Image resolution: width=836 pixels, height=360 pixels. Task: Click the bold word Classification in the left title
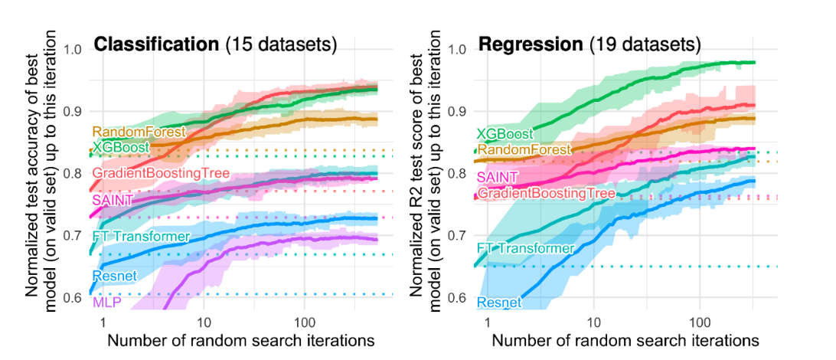pyautogui.click(x=156, y=44)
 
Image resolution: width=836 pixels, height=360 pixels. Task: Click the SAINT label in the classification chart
pyautogui.click(x=113, y=200)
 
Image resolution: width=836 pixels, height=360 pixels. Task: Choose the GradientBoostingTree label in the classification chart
pyautogui.click(x=161, y=174)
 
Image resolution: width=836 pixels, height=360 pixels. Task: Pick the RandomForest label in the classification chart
pyautogui.click(x=139, y=132)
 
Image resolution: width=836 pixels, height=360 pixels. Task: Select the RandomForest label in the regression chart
pyautogui.click(x=524, y=149)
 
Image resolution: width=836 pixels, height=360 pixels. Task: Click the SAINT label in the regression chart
pyautogui.click(x=498, y=178)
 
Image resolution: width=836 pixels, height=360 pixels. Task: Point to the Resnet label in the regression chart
pyautogui.click(x=499, y=302)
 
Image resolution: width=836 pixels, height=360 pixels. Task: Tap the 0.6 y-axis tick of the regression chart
pyautogui.click(x=458, y=297)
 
